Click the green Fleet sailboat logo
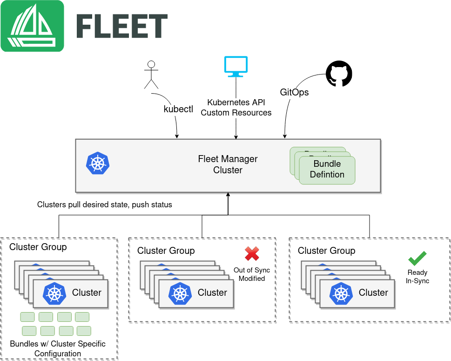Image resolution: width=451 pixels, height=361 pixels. [32, 26]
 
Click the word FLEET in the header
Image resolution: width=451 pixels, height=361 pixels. [122, 26]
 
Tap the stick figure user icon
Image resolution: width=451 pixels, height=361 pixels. [151, 75]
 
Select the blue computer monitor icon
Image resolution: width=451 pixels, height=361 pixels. [236, 67]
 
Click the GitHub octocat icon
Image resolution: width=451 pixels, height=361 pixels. [339, 74]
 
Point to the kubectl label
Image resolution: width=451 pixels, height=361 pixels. [178, 109]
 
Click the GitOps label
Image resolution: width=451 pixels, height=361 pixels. [294, 92]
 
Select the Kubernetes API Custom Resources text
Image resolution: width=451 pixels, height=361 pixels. [236, 108]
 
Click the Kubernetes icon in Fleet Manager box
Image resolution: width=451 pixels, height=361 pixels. [98, 163]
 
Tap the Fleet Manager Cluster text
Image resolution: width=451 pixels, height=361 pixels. [228, 164]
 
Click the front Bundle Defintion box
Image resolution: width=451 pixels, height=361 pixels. [327, 170]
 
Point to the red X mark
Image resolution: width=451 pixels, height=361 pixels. [252, 254]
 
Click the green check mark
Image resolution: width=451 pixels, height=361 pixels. [417, 259]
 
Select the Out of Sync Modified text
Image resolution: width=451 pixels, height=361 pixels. [252, 274]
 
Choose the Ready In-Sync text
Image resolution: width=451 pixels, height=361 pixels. [417, 277]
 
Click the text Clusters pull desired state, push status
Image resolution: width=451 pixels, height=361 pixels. [105, 204]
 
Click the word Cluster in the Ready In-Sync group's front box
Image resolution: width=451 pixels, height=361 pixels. [373, 293]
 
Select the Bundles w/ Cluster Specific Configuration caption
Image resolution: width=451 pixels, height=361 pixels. [58, 349]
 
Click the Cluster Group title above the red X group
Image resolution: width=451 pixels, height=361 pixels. [166, 251]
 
